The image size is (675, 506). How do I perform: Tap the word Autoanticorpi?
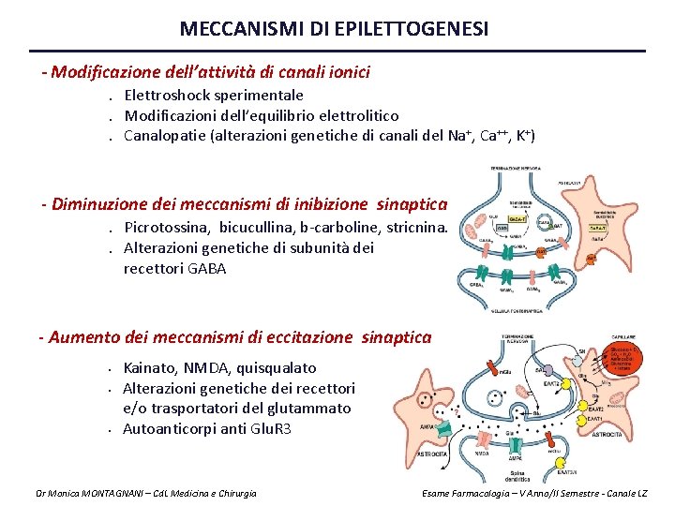tap(168, 429)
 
